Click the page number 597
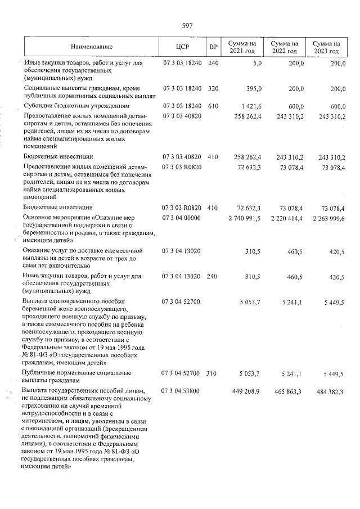click(187, 25)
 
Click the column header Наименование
click(91, 47)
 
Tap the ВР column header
click(213, 47)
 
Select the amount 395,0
click(254, 89)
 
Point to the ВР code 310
click(211, 373)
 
